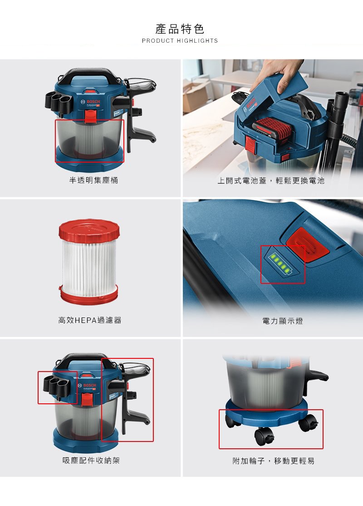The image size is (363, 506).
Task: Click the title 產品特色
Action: [x=180, y=29]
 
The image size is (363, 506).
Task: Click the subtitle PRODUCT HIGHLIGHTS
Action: [x=180, y=41]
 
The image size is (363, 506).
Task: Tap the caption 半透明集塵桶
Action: [x=93, y=180]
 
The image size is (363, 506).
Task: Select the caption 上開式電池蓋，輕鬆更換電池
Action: [x=271, y=180]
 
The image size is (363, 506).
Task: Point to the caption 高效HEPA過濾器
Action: [x=90, y=320]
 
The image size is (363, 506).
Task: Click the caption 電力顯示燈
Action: [x=282, y=321]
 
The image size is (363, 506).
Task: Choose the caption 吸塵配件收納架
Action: [x=91, y=461]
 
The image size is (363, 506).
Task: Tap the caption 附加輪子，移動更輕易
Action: [x=273, y=461]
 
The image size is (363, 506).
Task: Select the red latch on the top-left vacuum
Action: [x=91, y=117]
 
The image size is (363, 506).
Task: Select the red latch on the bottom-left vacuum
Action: [x=87, y=400]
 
